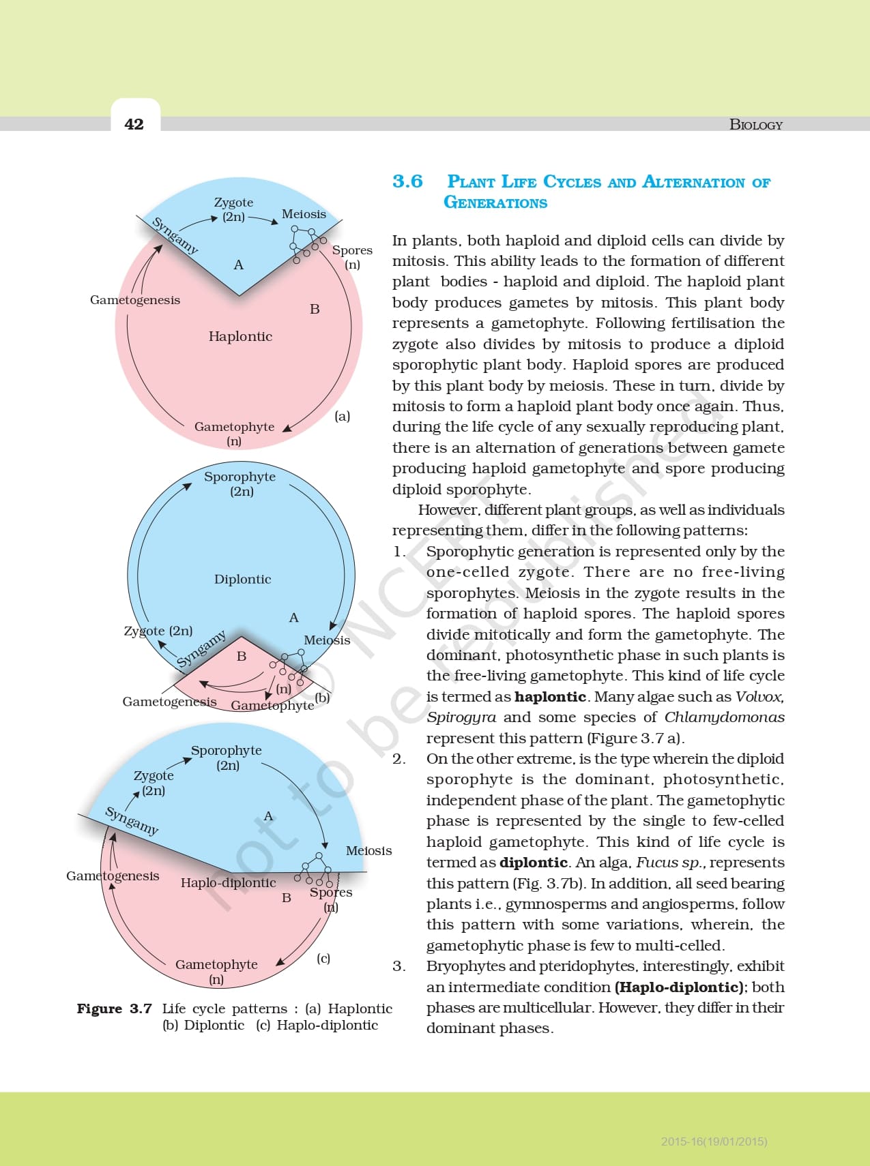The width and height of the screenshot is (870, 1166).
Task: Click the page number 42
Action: click(x=134, y=124)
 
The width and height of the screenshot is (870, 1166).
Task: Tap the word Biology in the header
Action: click(x=755, y=125)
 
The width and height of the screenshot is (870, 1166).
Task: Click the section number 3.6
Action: click(x=407, y=181)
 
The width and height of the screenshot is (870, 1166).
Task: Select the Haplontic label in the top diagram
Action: click(x=240, y=336)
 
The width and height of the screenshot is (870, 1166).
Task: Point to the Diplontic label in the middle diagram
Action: click(x=242, y=579)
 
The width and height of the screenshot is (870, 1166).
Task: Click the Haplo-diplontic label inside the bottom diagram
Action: click(x=228, y=882)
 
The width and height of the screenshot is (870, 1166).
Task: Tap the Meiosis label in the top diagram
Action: click(x=304, y=214)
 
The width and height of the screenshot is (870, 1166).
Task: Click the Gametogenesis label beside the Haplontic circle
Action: click(x=135, y=300)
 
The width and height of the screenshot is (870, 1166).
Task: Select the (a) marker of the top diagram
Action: click(x=343, y=415)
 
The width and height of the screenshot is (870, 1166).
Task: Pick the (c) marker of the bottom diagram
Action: click(x=323, y=958)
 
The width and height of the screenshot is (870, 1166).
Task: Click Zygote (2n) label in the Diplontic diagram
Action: click(x=158, y=631)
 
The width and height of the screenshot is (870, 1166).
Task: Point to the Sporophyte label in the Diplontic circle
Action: click(x=240, y=477)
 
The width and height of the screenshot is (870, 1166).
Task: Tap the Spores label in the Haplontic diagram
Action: click(x=352, y=250)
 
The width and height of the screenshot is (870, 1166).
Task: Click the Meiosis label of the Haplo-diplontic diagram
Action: click(x=368, y=850)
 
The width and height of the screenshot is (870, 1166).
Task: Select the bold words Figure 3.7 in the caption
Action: click(x=114, y=1008)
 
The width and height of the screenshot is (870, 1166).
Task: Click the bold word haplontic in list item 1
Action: click(x=550, y=696)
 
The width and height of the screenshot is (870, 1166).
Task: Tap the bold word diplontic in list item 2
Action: click(x=534, y=862)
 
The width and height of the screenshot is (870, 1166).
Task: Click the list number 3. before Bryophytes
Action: click(x=399, y=966)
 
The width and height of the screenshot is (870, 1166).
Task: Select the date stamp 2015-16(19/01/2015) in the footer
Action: click(x=714, y=1141)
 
